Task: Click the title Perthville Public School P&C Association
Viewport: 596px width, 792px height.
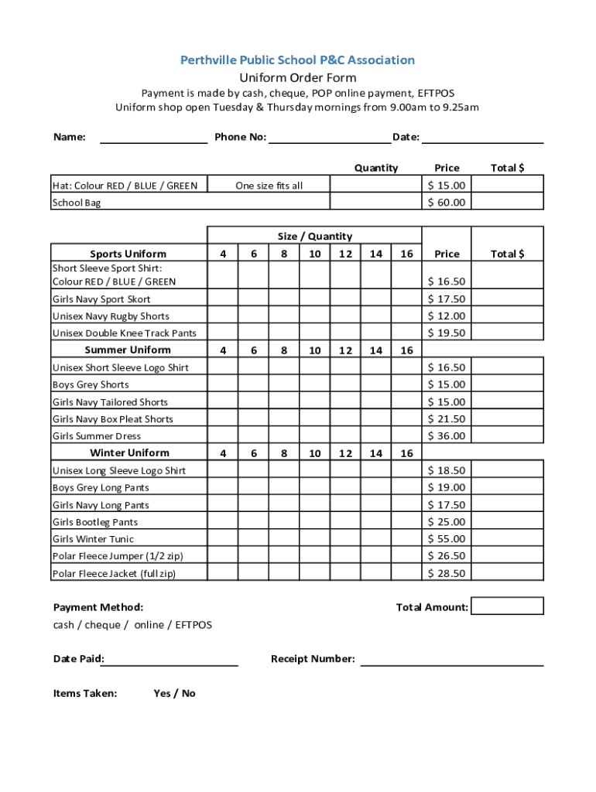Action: click(297, 60)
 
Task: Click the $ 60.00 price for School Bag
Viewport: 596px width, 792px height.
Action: click(447, 203)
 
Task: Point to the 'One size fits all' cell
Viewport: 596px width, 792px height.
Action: click(269, 186)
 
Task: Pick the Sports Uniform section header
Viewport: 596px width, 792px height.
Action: click(128, 254)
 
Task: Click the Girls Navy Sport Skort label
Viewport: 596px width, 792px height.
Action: click(101, 299)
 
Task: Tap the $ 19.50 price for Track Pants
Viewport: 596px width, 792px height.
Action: click(447, 333)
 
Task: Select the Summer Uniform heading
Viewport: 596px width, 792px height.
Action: click(128, 350)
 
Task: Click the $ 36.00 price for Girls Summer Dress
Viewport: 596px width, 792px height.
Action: click(447, 436)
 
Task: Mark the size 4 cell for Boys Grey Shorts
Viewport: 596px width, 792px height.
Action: click(223, 384)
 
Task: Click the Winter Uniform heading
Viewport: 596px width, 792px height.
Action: click(129, 453)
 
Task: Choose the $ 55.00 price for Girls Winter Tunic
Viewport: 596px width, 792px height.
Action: click(447, 539)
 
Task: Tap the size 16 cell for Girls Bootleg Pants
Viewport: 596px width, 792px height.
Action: click(406, 522)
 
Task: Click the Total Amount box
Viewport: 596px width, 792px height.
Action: click(507, 606)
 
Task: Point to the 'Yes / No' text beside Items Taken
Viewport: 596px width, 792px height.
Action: click(174, 694)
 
